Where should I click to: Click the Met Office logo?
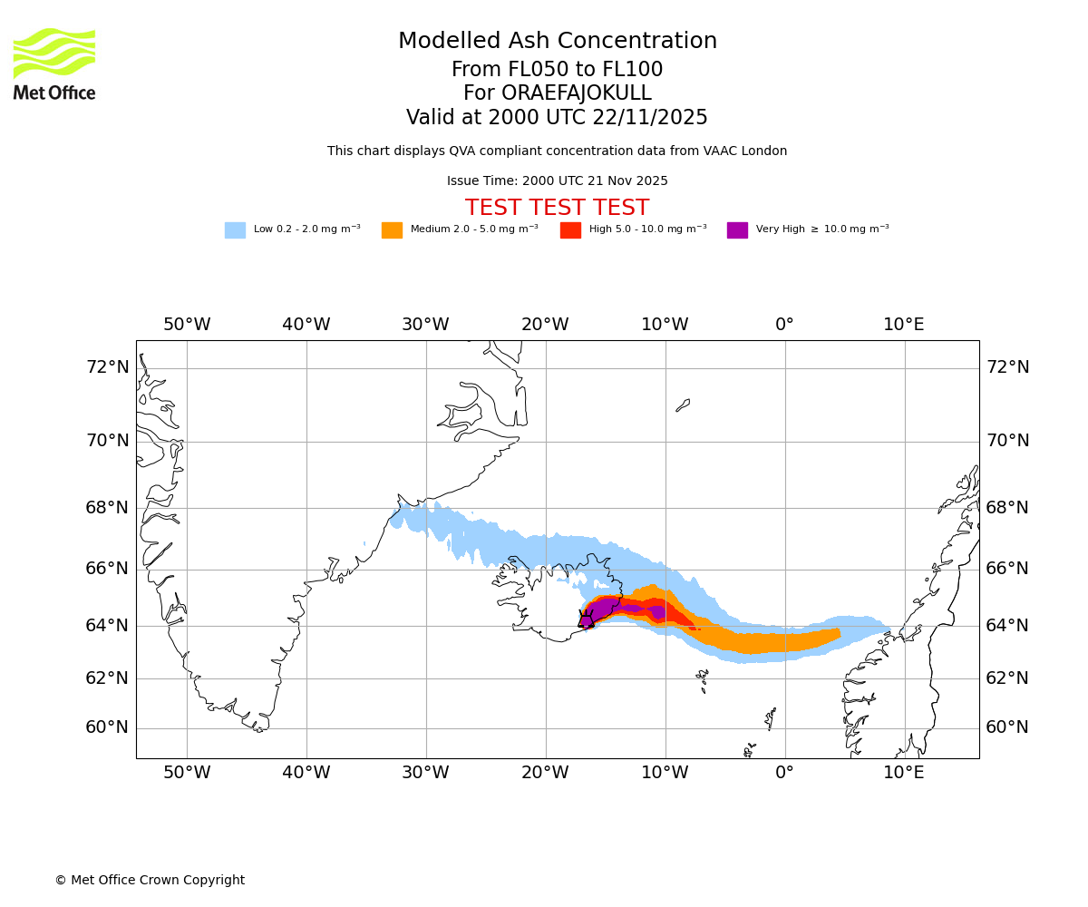coord(54,63)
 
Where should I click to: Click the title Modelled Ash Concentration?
coord(558,42)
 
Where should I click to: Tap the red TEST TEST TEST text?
coord(557,209)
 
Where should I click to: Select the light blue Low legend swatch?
coord(235,230)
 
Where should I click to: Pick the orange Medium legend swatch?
coord(392,230)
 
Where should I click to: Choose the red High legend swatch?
coord(570,230)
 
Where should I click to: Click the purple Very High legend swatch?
coord(737,230)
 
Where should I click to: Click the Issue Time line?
coord(557,181)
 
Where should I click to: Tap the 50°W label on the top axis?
coord(187,325)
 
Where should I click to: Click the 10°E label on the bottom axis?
coord(904,773)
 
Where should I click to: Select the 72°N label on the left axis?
coord(107,367)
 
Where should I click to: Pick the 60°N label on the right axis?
coord(1008,727)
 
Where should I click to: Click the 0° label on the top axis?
coord(784,325)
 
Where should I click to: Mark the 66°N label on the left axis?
coord(107,569)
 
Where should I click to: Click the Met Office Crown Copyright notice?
coord(150,881)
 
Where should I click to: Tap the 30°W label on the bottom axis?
coord(425,773)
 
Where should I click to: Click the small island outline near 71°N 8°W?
coord(683,405)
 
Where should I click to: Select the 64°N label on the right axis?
coord(1008,626)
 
